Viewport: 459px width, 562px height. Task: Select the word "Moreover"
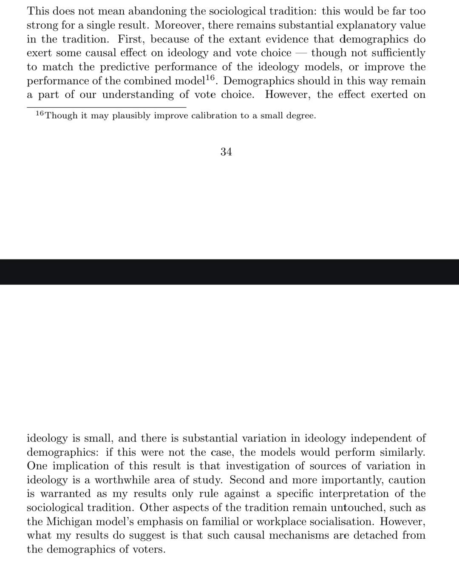[178, 26]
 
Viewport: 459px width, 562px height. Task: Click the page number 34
[226, 152]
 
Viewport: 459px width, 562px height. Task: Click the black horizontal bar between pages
[229, 272]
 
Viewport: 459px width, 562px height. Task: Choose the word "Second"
[247, 480]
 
